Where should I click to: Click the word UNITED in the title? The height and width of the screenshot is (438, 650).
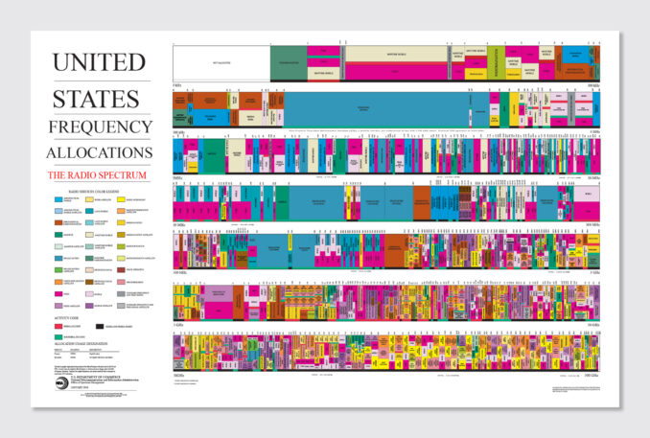pyautogui.click(x=99, y=63)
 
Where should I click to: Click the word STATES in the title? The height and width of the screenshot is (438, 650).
pyautogui.click(x=99, y=96)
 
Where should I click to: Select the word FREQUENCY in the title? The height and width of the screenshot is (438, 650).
pyautogui.click(x=99, y=127)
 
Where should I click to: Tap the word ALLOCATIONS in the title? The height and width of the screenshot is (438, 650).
pyautogui.click(x=99, y=152)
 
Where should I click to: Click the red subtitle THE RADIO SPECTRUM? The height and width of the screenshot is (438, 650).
pyautogui.click(x=99, y=175)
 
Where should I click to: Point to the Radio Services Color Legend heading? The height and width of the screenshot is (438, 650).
pyautogui.click(x=99, y=192)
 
